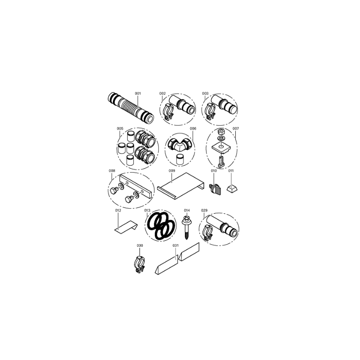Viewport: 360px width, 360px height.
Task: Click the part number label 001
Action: (x=138, y=94)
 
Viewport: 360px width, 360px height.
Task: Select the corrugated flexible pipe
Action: (x=130, y=108)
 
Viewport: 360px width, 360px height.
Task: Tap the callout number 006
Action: (x=193, y=129)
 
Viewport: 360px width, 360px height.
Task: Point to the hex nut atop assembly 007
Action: (x=221, y=132)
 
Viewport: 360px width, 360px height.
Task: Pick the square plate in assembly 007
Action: (x=222, y=147)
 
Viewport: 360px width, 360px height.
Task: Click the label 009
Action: (x=172, y=171)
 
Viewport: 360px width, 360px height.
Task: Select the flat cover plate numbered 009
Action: (x=180, y=185)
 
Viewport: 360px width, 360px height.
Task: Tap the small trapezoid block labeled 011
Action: (x=232, y=189)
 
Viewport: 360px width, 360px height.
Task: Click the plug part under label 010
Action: (x=215, y=189)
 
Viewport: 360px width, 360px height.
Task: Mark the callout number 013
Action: (x=147, y=211)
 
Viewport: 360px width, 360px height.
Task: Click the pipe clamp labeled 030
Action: (x=140, y=264)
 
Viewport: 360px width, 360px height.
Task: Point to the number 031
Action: (x=175, y=245)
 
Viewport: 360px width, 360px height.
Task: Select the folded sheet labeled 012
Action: (x=126, y=228)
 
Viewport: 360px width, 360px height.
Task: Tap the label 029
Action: (x=204, y=211)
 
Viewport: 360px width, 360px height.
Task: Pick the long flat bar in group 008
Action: (x=135, y=186)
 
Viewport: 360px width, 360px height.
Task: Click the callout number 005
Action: (x=120, y=129)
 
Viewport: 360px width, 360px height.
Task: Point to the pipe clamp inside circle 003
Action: (x=211, y=111)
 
